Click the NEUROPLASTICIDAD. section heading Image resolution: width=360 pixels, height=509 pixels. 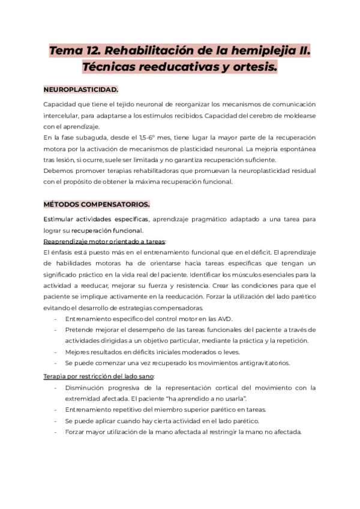[80, 90]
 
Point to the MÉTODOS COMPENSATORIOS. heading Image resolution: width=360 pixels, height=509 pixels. [96, 204]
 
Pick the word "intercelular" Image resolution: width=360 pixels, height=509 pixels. [62, 115]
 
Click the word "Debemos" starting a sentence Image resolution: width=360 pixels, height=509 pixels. [58, 171]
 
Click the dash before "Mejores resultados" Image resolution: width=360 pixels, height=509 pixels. [56, 352]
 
